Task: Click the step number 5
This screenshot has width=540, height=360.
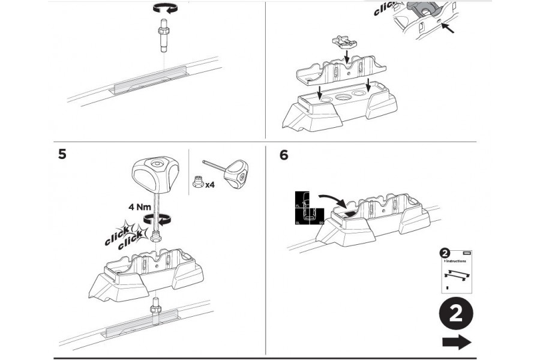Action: coord(62,154)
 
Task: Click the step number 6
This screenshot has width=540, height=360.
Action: coord(284,155)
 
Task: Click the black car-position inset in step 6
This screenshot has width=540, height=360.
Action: coord(308,207)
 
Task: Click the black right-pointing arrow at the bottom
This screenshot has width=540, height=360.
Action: coord(457,343)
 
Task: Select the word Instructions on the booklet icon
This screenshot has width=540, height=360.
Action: coord(457,262)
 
